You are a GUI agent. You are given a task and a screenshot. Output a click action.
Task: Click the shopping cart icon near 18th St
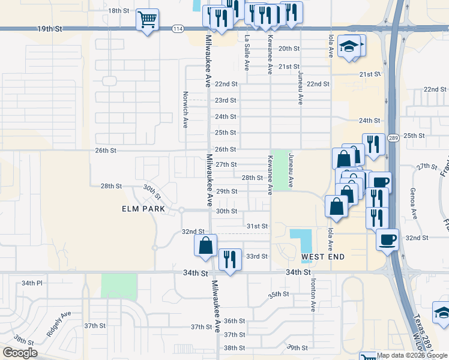(147, 20)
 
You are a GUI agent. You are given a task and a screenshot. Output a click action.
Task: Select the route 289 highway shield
(393, 138)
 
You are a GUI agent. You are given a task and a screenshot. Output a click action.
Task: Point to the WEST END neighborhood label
(323, 257)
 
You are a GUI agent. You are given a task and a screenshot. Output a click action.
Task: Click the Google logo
(20, 353)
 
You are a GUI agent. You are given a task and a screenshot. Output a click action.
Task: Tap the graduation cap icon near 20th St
(349, 46)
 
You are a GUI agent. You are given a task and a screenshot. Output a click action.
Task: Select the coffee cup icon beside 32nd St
(387, 239)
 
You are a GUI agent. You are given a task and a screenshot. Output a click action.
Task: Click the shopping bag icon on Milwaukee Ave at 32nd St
(205, 245)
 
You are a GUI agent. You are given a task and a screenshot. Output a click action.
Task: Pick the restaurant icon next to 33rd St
(230, 259)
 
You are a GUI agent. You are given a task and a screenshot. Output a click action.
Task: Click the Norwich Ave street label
(186, 109)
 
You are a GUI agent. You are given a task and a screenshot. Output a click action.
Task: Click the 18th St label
(118, 11)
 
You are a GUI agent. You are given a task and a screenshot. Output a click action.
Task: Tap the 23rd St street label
(226, 100)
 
